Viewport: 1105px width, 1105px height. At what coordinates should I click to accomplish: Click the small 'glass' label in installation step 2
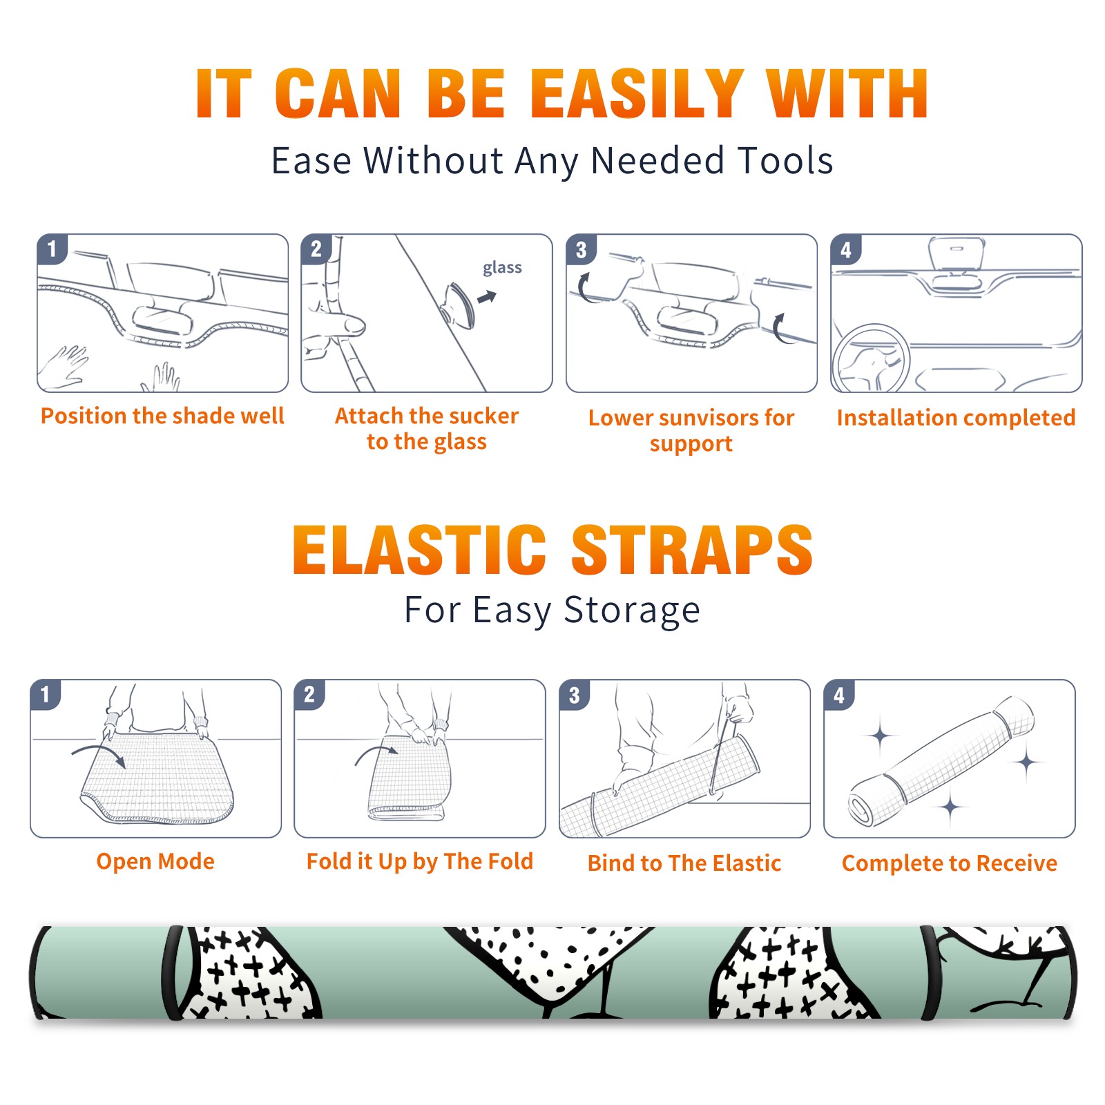502,267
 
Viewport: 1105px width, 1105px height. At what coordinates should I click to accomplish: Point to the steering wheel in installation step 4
872,358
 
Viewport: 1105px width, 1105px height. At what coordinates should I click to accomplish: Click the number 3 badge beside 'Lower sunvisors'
581,249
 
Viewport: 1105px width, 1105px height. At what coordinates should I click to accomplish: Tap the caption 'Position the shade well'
162,416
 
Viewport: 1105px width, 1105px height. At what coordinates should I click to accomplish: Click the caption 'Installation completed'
956,417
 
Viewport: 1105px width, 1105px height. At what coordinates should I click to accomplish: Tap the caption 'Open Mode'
155,861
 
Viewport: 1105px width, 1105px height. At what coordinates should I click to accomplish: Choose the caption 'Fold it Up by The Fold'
420,861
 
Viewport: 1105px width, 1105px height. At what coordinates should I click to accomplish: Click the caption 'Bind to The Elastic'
684,863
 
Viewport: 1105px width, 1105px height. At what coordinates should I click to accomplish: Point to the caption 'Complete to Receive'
950,863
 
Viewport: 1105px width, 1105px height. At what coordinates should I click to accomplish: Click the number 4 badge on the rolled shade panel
839,695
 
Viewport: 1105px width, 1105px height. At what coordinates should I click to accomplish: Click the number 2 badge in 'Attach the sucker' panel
316,249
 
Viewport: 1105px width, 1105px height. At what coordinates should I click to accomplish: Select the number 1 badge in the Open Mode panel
46,695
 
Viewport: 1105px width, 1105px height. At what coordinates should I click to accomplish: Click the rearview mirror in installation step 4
956,253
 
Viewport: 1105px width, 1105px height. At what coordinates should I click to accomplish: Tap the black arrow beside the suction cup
488,298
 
